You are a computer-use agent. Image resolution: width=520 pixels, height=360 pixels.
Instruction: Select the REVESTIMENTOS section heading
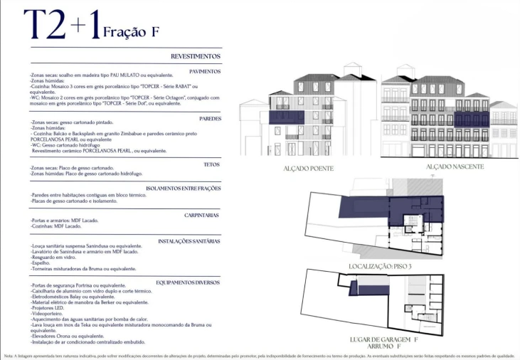pyautogui.click(x=196, y=56)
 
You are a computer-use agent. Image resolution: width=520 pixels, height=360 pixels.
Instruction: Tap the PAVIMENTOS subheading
pyautogui.click(x=205, y=71)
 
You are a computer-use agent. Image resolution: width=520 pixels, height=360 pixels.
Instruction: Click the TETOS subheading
pyautogui.click(x=212, y=164)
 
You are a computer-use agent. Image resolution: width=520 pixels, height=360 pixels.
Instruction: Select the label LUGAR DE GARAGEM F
pyautogui.click(x=385, y=340)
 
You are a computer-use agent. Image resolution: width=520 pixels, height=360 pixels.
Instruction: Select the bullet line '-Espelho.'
pyautogui.click(x=42, y=263)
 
